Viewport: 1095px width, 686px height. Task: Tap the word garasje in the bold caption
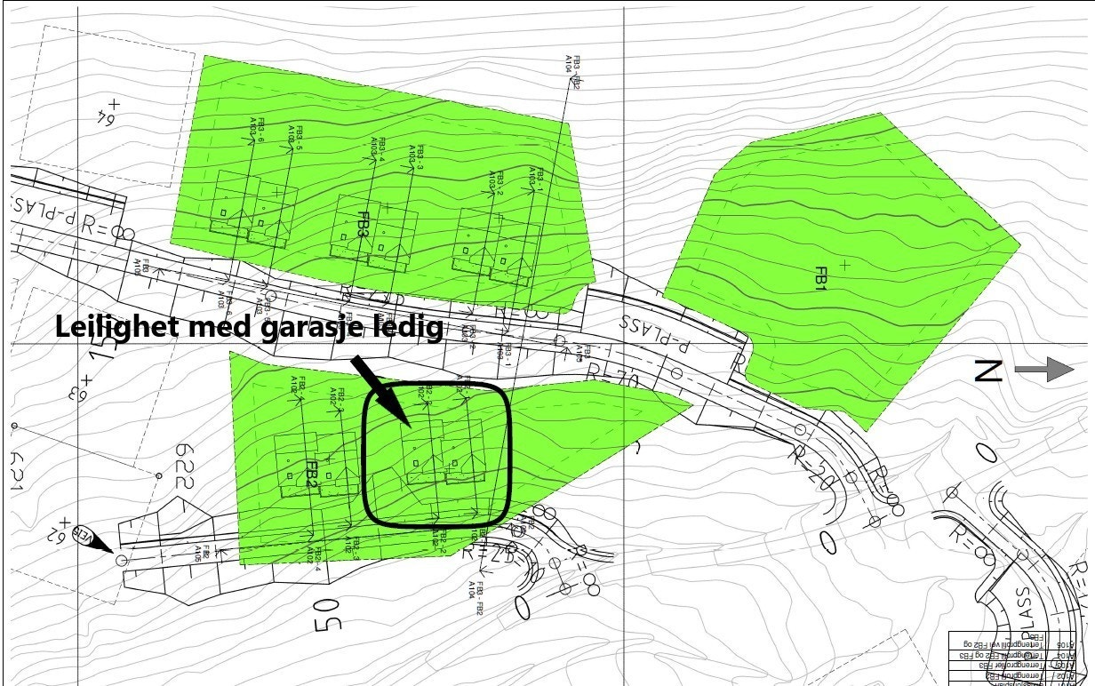(308, 328)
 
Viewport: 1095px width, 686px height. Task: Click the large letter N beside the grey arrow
(988, 371)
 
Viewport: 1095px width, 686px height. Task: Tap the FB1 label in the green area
(820, 277)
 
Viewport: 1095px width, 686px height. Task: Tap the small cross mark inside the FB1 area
(844, 265)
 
